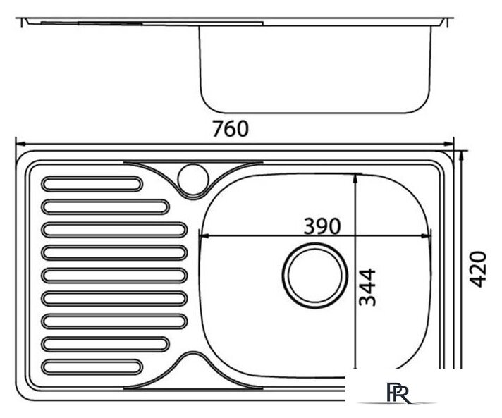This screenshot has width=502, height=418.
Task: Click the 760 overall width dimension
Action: (x=231, y=129)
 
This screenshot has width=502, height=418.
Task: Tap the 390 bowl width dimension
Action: (x=322, y=226)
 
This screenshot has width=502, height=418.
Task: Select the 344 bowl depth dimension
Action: (x=367, y=287)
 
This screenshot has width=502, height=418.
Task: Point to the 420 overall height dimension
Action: (x=477, y=269)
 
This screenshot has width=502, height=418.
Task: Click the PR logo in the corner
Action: (x=399, y=393)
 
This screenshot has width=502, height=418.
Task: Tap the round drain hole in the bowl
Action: (x=314, y=276)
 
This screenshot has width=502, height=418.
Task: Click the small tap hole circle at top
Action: (x=193, y=178)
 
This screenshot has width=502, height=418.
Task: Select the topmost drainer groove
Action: (x=92, y=184)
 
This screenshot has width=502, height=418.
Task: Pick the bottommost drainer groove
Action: (x=92, y=367)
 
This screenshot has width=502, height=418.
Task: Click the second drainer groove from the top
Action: (x=105, y=207)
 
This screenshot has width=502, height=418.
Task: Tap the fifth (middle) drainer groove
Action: (x=114, y=276)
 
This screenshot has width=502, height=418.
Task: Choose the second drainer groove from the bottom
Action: (x=105, y=344)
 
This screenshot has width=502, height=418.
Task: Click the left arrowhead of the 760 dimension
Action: (x=20, y=144)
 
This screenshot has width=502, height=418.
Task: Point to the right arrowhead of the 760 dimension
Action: (x=448, y=144)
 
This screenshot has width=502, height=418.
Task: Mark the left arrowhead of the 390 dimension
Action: (x=204, y=236)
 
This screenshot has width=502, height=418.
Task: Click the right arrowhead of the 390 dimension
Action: (x=426, y=236)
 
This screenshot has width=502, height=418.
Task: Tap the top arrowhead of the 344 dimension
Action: (x=355, y=178)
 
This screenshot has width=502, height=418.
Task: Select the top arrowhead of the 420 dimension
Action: (x=461, y=156)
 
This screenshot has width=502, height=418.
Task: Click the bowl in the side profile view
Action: (x=315, y=70)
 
